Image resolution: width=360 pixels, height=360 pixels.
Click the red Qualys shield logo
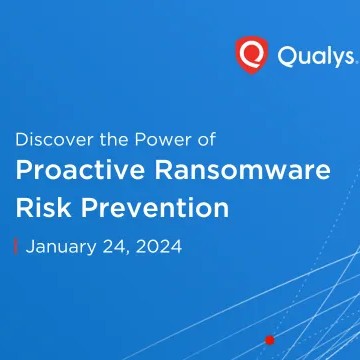pos(252,55)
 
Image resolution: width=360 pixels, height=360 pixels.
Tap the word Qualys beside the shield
pos(315,56)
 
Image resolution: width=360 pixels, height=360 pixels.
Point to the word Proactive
pos(80,170)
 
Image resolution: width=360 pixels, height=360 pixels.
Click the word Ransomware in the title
pos(243,170)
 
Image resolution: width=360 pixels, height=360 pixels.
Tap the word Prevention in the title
pos(155,207)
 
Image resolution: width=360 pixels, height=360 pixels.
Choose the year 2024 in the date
pos(158,247)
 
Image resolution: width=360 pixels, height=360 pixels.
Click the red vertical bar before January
pos(15,247)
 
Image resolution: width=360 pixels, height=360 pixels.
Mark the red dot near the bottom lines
pos(270,340)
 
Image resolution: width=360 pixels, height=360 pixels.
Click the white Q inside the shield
pos(252,53)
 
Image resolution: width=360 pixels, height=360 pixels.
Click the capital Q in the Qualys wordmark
pos(287,56)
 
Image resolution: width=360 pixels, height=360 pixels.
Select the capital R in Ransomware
pos(164,170)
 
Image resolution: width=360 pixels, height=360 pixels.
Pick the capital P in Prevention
pos(89,208)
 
